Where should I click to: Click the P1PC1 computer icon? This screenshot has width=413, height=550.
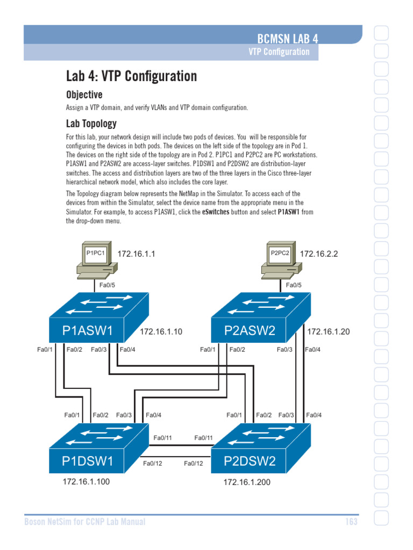97,260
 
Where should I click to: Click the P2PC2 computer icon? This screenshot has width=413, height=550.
281,260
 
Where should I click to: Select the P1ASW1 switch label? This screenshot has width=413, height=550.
88,330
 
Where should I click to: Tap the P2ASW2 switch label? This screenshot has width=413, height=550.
250,330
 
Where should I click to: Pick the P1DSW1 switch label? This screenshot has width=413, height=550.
88,461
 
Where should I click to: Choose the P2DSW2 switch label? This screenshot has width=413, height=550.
250,461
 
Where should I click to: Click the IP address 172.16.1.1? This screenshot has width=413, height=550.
136,254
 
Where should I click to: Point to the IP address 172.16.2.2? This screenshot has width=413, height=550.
319,254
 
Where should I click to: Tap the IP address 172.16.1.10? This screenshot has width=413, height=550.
161,332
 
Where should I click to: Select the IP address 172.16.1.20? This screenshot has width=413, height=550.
329,332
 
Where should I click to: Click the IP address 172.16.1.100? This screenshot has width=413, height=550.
86,482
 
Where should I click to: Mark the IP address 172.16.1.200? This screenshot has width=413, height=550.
247,482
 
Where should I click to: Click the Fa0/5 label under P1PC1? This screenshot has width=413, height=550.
107,285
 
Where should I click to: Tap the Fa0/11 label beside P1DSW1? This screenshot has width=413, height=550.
162,438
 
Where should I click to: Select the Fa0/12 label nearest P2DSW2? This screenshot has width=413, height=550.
194,464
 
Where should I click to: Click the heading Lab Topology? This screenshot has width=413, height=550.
91,124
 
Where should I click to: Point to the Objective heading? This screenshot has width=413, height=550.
84,95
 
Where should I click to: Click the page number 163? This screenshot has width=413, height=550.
351,522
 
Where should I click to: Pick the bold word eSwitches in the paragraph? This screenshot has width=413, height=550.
216,212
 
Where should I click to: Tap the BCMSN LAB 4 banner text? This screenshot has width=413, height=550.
288,39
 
